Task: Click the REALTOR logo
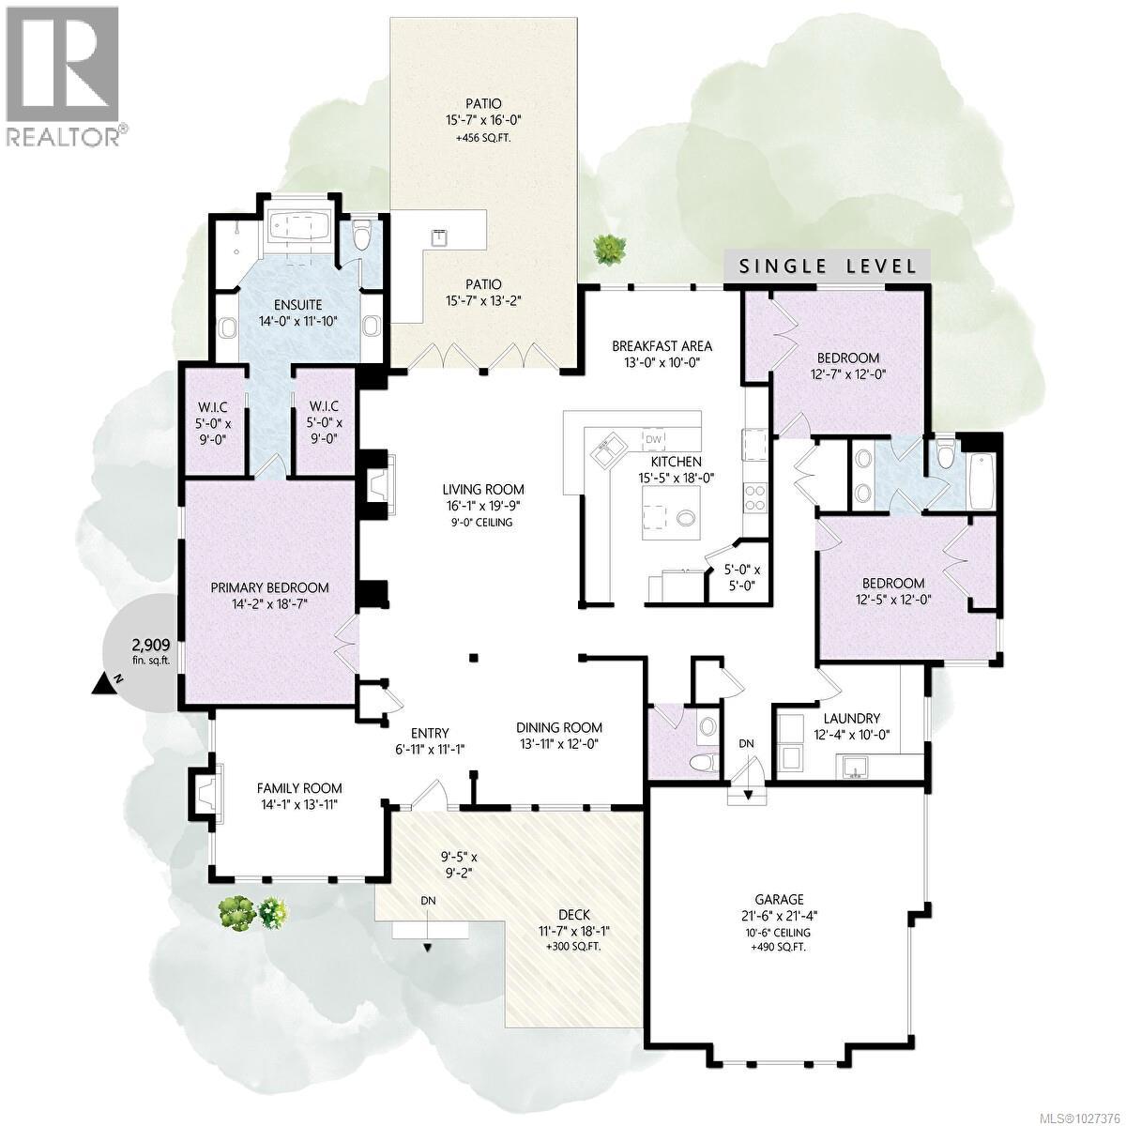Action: click(x=64, y=75)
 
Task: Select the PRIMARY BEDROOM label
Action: click(x=269, y=588)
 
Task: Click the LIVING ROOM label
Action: click(x=484, y=490)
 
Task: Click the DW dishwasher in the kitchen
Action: click(x=653, y=439)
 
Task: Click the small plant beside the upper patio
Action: click(x=609, y=248)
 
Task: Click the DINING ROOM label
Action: click(x=559, y=727)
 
